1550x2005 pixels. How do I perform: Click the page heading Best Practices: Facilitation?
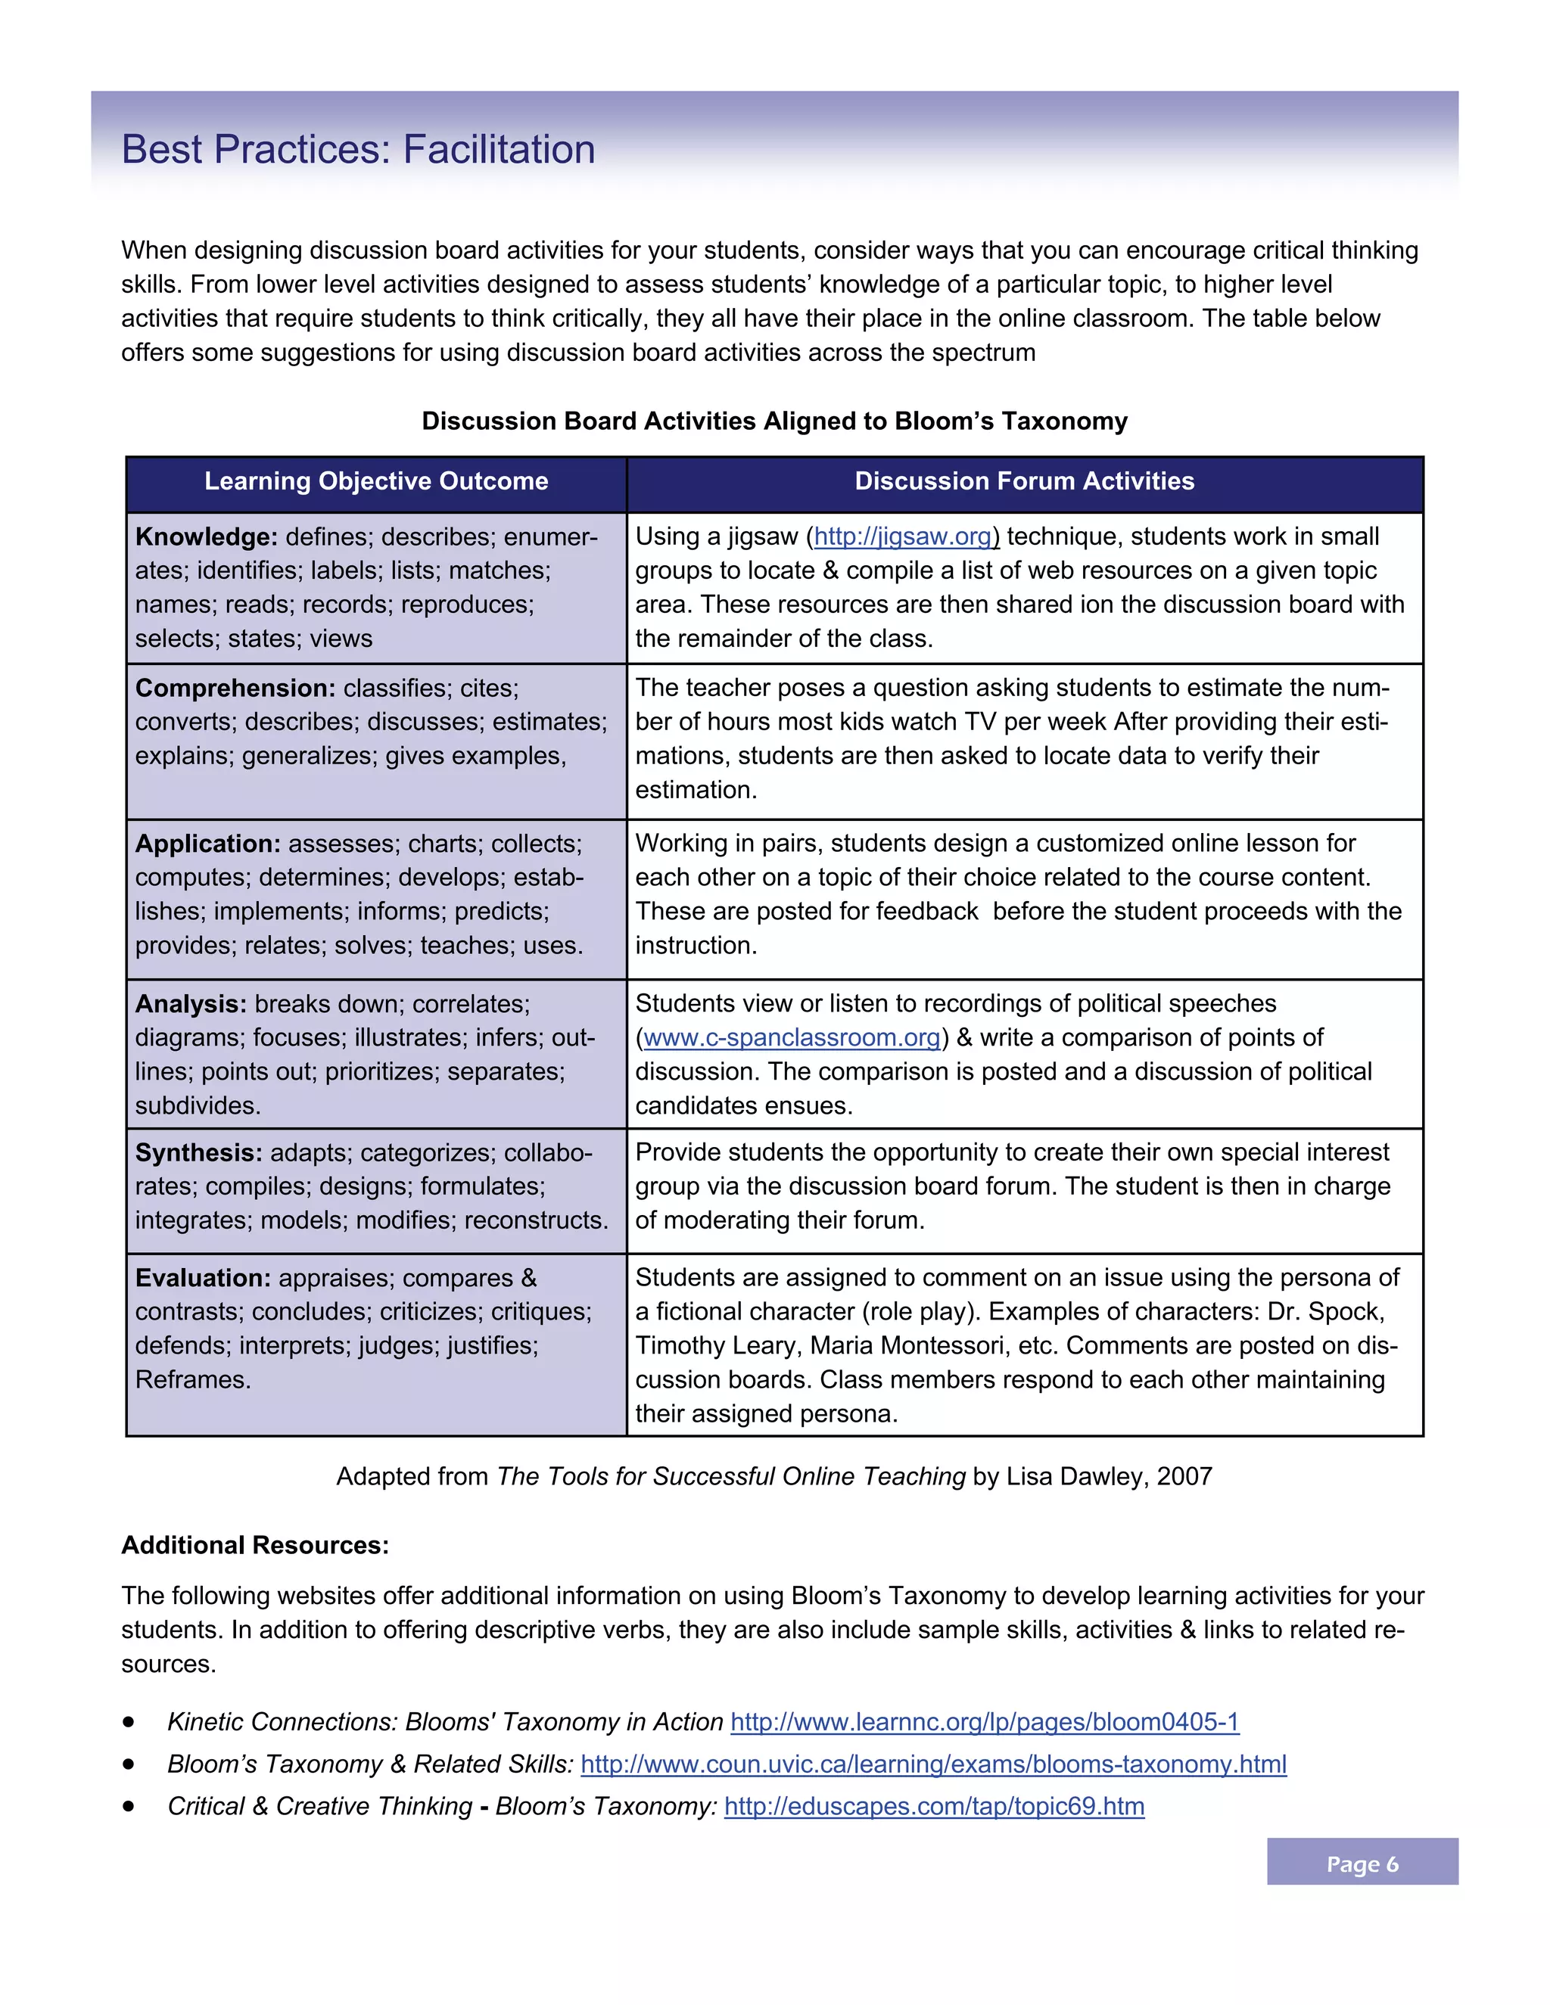[x=358, y=150]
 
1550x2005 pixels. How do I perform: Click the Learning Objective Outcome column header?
[x=375, y=481]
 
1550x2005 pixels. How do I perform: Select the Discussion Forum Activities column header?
[x=1024, y=481]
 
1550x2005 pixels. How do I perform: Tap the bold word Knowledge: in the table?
[x=206, y=537]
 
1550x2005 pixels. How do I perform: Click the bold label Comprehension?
[x=235, y=689]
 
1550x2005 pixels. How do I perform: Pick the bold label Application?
[x=207, y=844]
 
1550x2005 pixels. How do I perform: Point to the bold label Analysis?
[x=190, y=1004]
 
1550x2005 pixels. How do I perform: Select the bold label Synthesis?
[x=198, y=1153]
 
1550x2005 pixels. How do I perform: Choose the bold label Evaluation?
[x=203, y=1278]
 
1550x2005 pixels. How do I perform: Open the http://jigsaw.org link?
[x=904, y=537]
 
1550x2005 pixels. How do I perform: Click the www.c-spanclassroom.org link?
[x=792, y=1038]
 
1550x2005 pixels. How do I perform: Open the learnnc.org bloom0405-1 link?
[x=985, y=1722]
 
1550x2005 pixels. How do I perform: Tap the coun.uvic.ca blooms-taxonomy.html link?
[x=933, y=1764]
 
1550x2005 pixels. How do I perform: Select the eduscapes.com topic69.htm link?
[x=934, y=1807]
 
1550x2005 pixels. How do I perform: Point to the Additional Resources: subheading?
[x=255, y=1545]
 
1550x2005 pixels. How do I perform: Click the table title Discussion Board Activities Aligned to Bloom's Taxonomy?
[x=774, y=421]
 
